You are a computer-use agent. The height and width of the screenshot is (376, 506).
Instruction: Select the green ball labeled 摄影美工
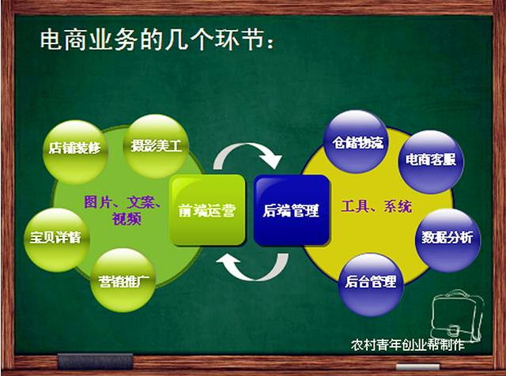pos(157,145)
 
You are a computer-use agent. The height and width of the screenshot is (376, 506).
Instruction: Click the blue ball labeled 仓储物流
pos(354,143)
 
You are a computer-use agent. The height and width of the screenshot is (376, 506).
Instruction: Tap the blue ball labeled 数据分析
pos(447,237)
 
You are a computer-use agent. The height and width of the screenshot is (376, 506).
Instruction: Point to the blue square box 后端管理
pos(291,210)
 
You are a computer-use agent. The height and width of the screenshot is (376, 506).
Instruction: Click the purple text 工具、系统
pos(377,207)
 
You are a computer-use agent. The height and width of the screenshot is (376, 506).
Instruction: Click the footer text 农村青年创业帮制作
pos(408,344)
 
